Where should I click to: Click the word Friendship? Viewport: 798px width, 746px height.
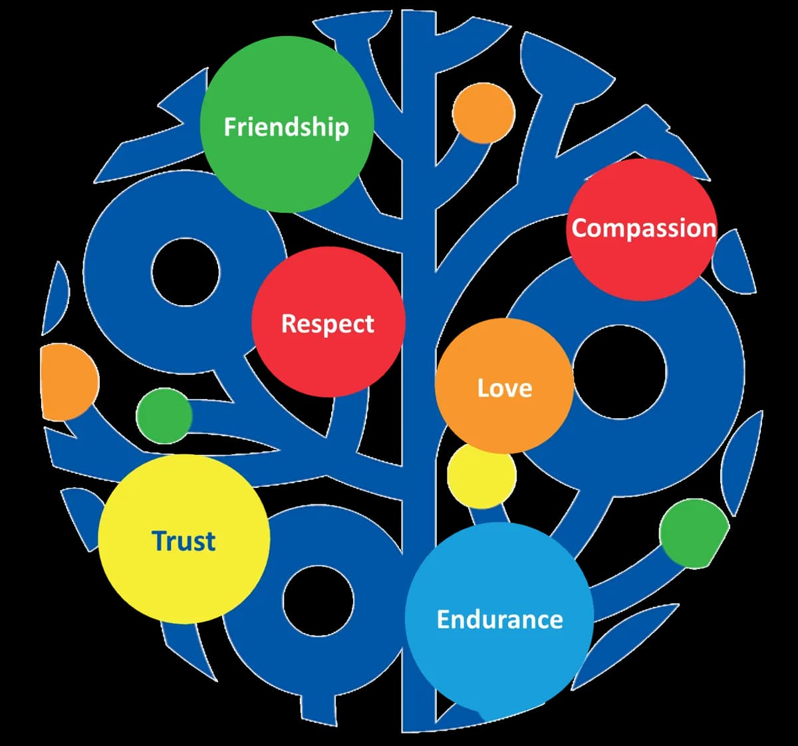286,128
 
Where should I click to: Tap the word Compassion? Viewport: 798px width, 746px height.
644,229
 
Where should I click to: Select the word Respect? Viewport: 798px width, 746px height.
328,324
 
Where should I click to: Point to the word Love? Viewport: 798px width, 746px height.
505,388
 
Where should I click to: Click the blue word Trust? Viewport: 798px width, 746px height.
184,541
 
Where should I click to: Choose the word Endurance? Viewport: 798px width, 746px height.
500,619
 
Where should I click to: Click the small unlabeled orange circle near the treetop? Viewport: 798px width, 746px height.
483,113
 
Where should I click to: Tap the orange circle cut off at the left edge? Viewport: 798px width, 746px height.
70,382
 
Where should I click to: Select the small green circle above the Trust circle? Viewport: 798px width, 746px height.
164,416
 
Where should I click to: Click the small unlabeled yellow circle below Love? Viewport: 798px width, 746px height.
481,476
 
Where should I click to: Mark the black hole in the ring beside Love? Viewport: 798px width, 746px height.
619,372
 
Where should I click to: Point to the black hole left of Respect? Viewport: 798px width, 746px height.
186,272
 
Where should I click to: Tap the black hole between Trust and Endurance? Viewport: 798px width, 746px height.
319,600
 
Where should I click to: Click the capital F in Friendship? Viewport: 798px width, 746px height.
230,126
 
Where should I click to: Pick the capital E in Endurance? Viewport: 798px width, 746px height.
444,619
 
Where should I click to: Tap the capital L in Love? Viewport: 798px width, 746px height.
483,388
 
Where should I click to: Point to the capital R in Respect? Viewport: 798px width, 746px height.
289,323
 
